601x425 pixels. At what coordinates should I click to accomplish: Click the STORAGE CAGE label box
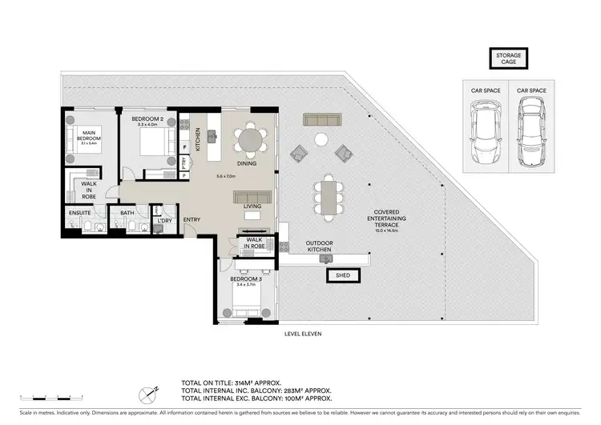[x=506, y=57]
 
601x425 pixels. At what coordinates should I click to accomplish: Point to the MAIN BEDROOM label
[x=90, y=138]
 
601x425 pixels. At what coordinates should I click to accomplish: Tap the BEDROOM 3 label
[x=246, y=279]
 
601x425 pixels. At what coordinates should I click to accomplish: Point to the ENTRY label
[x=192, y=219]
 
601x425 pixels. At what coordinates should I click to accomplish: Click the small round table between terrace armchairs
[x=321, y=140]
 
